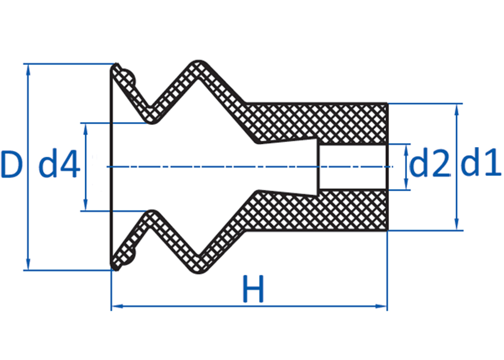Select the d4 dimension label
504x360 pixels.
coord(59,164)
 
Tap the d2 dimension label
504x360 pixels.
coord(429,162)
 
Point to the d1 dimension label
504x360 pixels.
coord(480,162)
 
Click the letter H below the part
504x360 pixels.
coord(253,288)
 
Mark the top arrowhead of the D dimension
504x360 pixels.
coord(28,70)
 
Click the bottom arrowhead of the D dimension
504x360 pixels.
coord(28,264)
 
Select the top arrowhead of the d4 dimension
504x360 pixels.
coord(86,129)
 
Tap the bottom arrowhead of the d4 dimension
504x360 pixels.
coord(86,205)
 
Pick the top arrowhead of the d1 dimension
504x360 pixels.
coord(457,109)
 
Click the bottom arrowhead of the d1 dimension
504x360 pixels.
coord(457,224)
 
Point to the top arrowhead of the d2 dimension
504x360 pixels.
coord(406,150)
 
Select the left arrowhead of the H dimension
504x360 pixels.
coord(117,307)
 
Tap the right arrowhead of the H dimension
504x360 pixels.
coord(381,307)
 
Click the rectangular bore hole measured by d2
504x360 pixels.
coord(353,167)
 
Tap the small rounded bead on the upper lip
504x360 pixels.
coord(128,77)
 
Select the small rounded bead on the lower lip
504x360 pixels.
coord(128,257)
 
